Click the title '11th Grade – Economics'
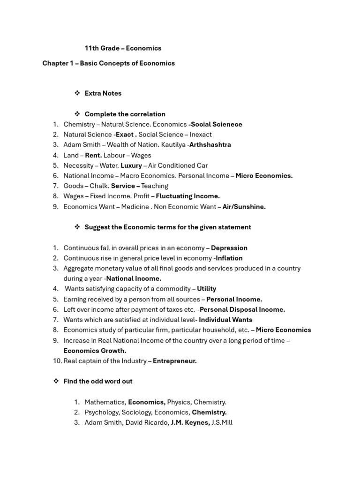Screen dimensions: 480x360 click(123, 48)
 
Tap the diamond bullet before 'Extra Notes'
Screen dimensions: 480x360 click(77, 93)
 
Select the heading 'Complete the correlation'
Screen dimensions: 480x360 click(125, 114)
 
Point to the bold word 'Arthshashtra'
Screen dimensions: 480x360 click(210, 145)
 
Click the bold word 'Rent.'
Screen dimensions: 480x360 click(93, 155)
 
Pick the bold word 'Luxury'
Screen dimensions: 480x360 click(131, 165)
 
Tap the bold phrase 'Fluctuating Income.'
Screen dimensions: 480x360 click(187, 196)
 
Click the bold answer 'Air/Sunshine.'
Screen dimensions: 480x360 click(244, 206)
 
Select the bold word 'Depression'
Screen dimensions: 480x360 click(229, 247)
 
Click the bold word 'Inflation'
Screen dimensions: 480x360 click(229, 258)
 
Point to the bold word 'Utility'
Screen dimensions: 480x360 click(206, 289)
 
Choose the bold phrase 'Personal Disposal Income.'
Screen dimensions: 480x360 click(242, 309)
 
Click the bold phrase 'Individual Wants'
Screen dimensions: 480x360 click(225, 320)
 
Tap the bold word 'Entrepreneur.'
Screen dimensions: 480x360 click(175, 361)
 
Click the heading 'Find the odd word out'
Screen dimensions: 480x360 click(98, 381)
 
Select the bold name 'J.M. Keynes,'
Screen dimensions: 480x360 click(190, 422)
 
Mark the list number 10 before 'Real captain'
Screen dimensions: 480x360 click(57, 361)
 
